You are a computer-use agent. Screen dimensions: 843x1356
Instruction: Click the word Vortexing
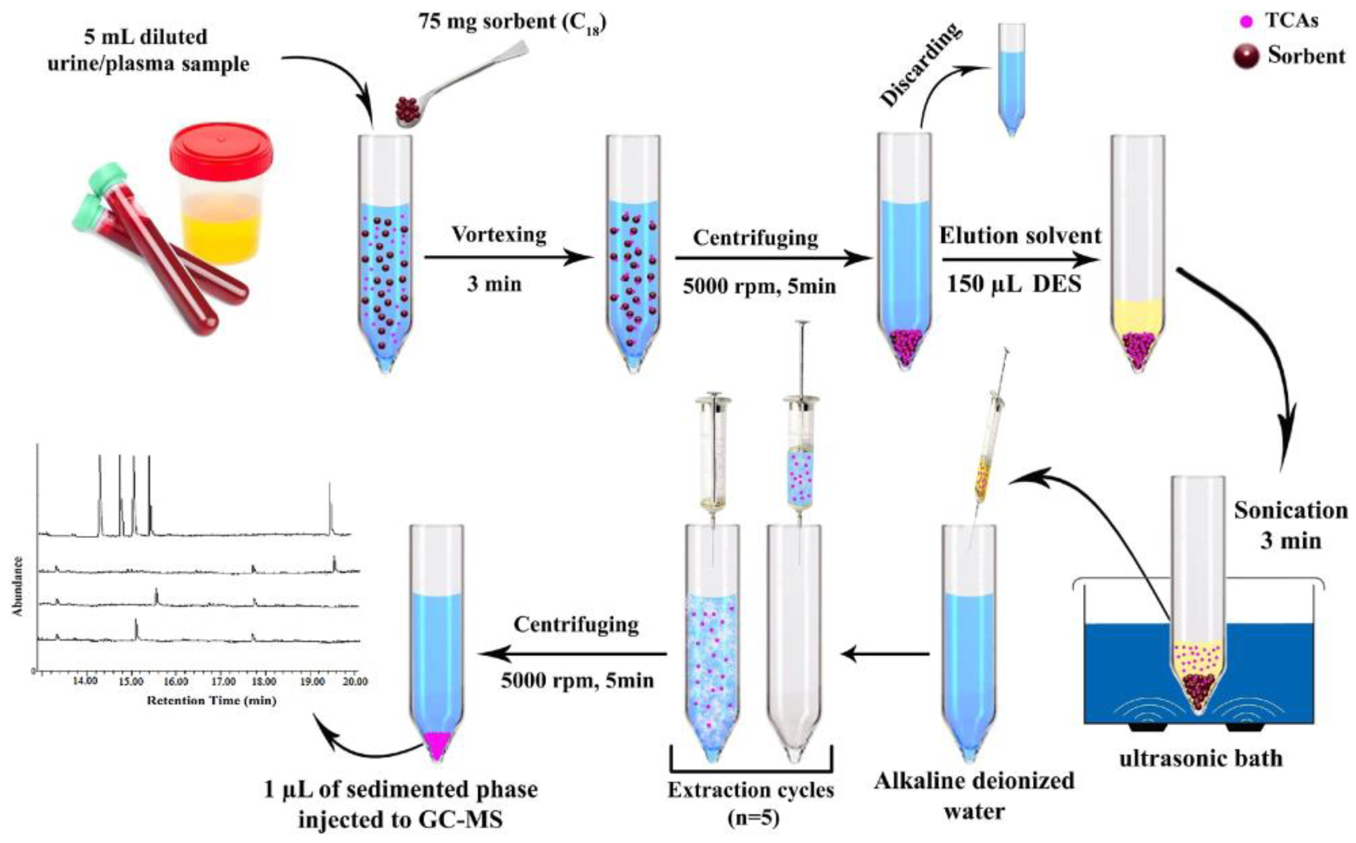point(499,235)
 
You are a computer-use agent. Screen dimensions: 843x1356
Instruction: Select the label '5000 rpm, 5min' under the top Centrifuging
point(759,287)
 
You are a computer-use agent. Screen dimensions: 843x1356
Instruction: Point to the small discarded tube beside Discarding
point(1012,78)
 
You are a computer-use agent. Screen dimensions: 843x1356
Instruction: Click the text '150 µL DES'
point(1014,285)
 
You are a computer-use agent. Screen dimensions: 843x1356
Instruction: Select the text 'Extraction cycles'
point(751,791)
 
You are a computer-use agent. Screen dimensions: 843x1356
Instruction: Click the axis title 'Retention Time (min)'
point(212,701)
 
